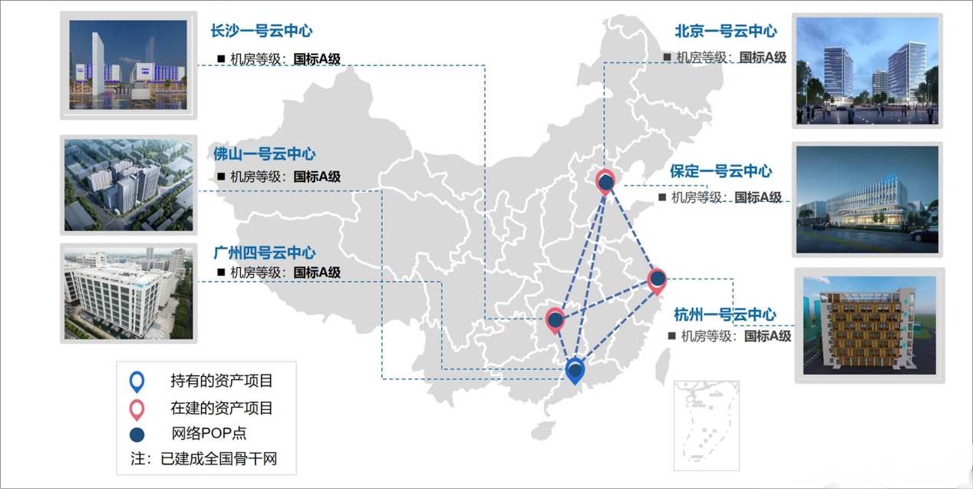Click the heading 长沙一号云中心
tap(261, 31)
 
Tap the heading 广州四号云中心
tap(264, 253)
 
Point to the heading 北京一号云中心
tap(725, 31)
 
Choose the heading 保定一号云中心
tap(721, 171)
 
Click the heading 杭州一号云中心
tap(724, 315)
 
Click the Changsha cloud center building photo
tap(128, 65)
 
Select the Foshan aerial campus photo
tap(128, 185)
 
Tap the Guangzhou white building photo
tap(128, 292)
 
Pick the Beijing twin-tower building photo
tap(867, 71)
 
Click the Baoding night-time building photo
tap(867, 199)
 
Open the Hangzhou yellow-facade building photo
tap(869, 325)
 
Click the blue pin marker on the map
tap(575, 372)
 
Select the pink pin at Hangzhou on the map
tap(657, 280)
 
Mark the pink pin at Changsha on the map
tap(555, 320)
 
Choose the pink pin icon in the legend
tap(137, 408)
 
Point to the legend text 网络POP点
tap(209, 433)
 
